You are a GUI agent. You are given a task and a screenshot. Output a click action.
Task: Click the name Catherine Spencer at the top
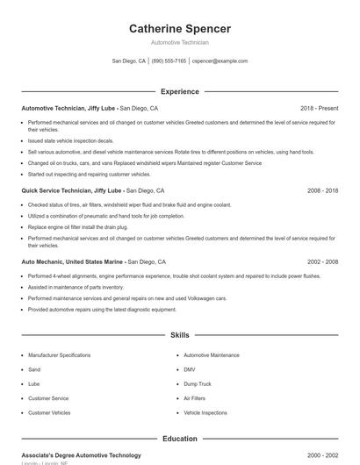pyautogui.click(x=179, y=29)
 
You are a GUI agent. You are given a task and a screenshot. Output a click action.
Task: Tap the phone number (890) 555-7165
pyautogui.click(x=169, y=61)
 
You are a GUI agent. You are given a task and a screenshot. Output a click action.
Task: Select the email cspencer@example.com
pyautogui.click(x=220, y=61)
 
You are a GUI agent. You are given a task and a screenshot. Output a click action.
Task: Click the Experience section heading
pyautogui.click(x=179, y=91)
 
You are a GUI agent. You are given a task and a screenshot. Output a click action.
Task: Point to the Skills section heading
pyautogui.click(x=179, y=335)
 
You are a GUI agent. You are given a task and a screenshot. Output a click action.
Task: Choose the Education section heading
pyautogui.click(x=179, y=439)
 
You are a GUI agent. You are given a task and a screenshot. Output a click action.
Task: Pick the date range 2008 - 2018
pyautogui.click(x=322, y=190)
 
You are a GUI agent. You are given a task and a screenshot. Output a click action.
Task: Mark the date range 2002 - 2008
pyautogui.click(x=322, y=261)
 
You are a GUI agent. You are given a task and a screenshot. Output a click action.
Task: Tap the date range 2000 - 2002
pyautogui.click(x=322, y=455)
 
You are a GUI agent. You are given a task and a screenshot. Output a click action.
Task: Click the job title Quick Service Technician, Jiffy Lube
pyautogui.click(x=72, y=190)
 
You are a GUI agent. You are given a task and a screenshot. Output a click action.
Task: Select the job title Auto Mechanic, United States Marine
pyautogui.click(x=74, y=261)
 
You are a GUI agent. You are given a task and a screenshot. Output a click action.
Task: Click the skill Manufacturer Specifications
pyautogui.click(x=59, y=355)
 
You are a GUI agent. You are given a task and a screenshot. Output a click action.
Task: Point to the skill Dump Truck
pyautogui.click(x=198, y=383)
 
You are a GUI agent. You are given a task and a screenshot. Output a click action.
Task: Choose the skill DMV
pyautogui.click(x=190, y=369)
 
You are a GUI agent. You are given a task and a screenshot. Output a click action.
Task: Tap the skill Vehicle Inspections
pyautogui.click(x=205, y=411)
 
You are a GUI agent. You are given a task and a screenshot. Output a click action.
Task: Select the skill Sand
pyautogui.click(x=35, y=369)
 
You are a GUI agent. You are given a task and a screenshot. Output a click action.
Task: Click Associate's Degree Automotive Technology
pyautogui.click(x=81, y=455)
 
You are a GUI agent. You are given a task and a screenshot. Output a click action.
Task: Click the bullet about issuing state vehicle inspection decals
pyautogui.click(x=71, y=140)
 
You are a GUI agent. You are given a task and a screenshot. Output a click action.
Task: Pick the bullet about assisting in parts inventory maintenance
pyautogui.click(x=76, y=287)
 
